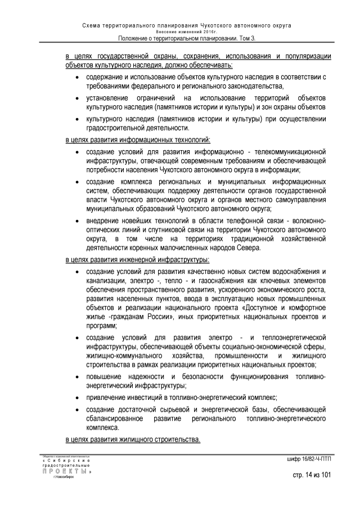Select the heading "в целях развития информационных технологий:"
click(138, 139)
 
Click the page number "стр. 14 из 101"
click(311, 476)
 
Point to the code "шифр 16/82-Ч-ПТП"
click(309, 460)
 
